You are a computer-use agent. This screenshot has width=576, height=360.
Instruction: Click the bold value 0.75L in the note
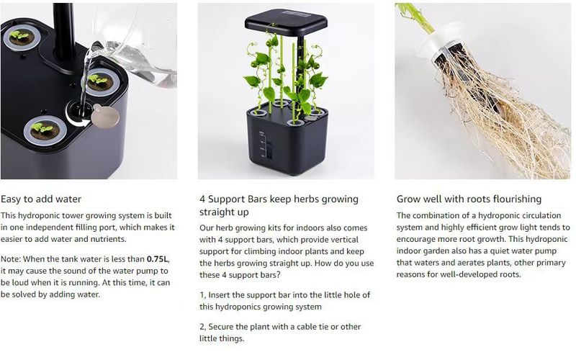(158, 259)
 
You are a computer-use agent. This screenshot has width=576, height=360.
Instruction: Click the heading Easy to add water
(41, 199)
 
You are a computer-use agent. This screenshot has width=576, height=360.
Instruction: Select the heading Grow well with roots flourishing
(469, 199)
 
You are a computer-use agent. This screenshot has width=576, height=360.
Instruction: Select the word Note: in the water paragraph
(11, 259)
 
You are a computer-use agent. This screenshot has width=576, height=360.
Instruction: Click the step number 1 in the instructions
(202, 295)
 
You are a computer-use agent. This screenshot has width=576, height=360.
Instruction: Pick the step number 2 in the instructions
(202, 327)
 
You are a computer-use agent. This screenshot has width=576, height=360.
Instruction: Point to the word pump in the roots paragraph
(547, 251)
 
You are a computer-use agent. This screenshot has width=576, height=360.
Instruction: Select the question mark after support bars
(278, 275)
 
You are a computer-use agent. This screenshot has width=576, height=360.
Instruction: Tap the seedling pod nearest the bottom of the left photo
(45, 130)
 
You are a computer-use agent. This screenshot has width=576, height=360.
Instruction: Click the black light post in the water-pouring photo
(64, 33)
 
